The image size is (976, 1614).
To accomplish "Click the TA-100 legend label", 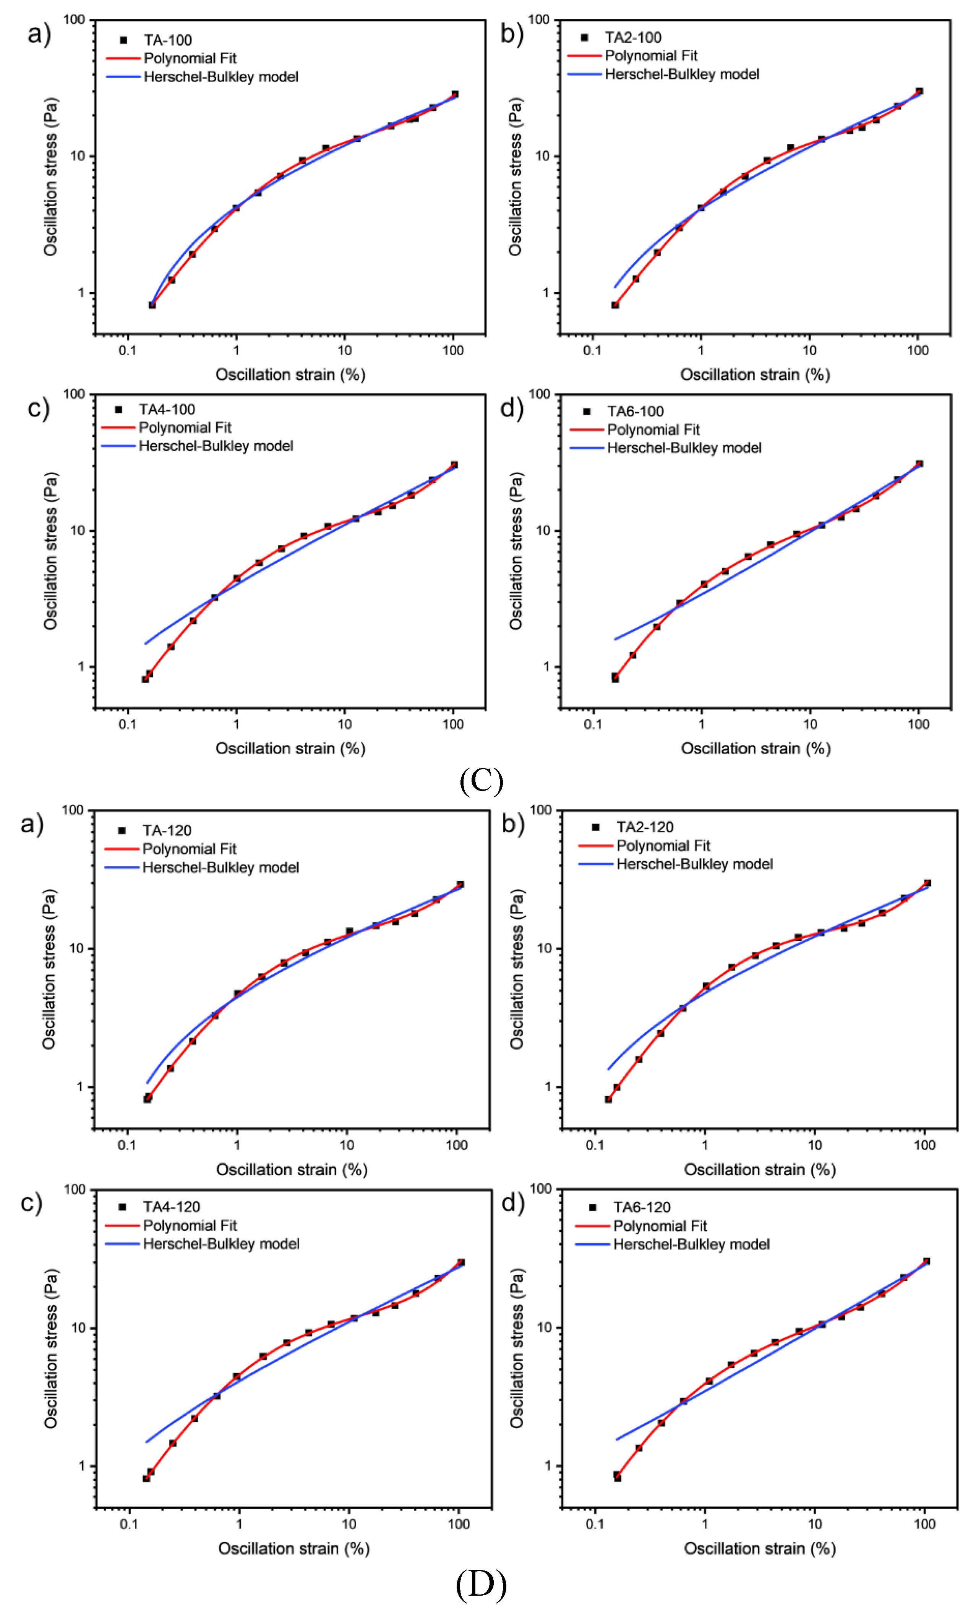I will coord(168,40).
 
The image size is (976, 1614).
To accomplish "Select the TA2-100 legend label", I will coord(633,37).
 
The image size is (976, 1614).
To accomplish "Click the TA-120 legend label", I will coord(167,831).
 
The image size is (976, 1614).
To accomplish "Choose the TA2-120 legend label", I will coord(645,827).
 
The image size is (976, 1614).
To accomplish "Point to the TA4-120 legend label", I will coord(172,1207).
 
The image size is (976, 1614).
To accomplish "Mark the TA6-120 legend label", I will coord(641,1207).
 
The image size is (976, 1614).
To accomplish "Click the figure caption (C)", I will coord(482,780).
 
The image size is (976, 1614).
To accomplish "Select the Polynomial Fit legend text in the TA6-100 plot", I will coord(653,430).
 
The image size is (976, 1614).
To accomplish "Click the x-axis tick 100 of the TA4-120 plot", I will coord(459,1523).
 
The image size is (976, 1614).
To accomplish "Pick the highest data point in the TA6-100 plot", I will coord(919,464).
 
